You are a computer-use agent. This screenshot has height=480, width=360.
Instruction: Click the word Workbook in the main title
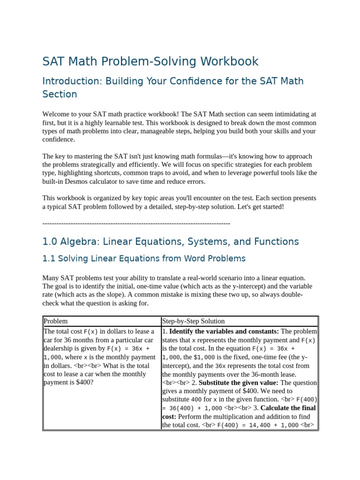[229, 61]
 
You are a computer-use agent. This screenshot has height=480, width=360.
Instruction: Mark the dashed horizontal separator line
[136, 224]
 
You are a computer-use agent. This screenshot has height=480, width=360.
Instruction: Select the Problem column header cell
[56, 321]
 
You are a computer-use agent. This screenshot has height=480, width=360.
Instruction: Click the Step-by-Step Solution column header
[193, 321]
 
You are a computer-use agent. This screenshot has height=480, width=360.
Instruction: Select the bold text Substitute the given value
[239, 382]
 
